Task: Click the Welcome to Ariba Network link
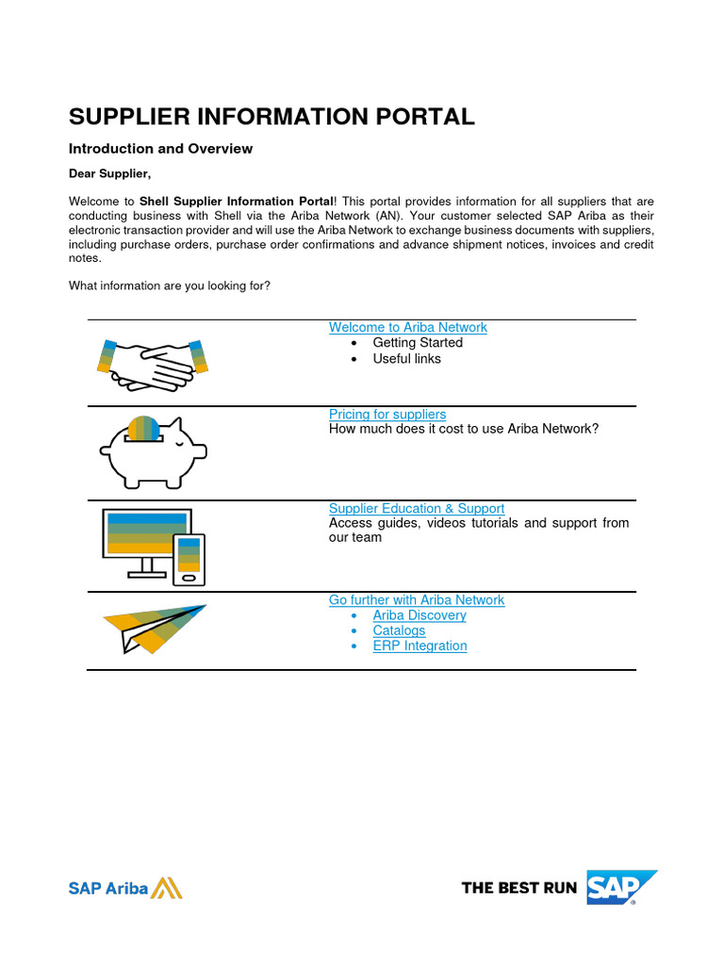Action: coord(407,327)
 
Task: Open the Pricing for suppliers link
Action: coord(387,414)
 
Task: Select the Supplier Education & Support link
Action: coord(416,508)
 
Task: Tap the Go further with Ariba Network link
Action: coord(416,599)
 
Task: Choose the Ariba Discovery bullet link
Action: coord(419,615)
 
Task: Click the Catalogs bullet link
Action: coord(399,630)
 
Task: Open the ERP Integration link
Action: coord(420,646)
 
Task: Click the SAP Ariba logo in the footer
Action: coord(124,888)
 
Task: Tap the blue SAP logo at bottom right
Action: coord(620,887)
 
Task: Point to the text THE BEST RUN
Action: coord(518,888)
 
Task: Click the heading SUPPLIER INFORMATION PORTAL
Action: coord(271,117)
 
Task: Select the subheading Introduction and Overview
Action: coord(160,149)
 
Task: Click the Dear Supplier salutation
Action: coord(109,173)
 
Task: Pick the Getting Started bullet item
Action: coord(417,343)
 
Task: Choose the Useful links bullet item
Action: coord(406,359)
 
